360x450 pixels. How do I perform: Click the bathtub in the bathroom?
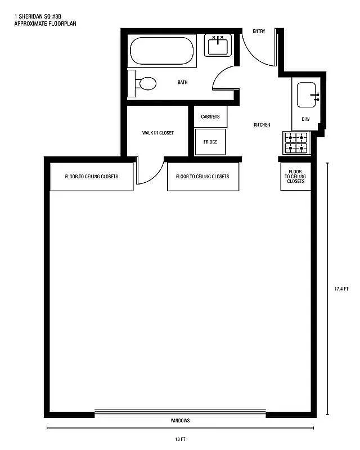tap(162, 51)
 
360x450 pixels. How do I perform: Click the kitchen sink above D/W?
tap(307, 95)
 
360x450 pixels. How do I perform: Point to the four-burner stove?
tap(296, 143)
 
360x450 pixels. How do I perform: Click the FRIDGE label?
tap(210, 142)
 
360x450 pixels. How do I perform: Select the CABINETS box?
tap(210, 116)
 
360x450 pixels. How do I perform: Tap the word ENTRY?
tap(259, 31)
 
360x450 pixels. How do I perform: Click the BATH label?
tap(183, 83)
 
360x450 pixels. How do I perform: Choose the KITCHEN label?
tap(262, 125)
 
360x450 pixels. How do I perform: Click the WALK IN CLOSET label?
tap(157, 133)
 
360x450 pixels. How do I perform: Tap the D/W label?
tap(306, 119)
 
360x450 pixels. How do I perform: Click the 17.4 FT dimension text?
tap(341, 289)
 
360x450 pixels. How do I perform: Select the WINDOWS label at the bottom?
tap(180, 421)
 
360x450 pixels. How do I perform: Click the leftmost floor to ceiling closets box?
tap(92, 177)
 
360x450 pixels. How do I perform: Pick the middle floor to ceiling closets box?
tap(202, 177)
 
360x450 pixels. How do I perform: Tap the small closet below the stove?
tap(295, 177)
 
